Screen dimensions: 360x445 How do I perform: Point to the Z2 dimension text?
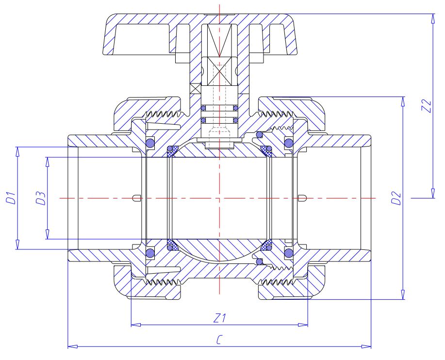[427, 106]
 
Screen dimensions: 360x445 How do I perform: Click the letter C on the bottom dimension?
[220, 341]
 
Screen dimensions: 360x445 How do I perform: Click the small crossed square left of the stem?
[195, 88]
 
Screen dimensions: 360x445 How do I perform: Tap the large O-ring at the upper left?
[150, 143]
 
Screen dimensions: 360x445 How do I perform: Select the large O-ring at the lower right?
[289, 252]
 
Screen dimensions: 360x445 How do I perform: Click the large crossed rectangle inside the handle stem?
[219, 70]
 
